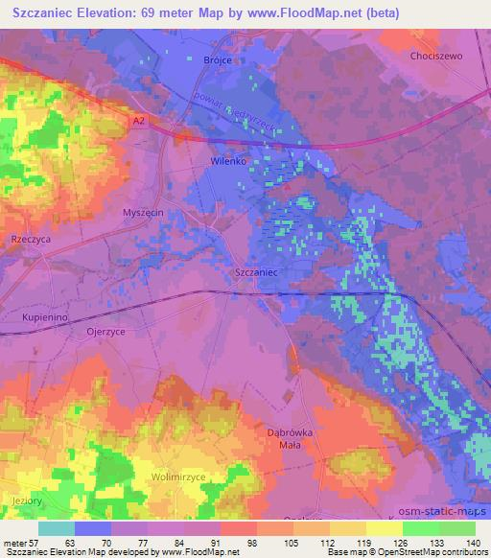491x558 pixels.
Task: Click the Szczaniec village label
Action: (x=256, y=273)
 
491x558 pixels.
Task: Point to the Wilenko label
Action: (x=229, y=162)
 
